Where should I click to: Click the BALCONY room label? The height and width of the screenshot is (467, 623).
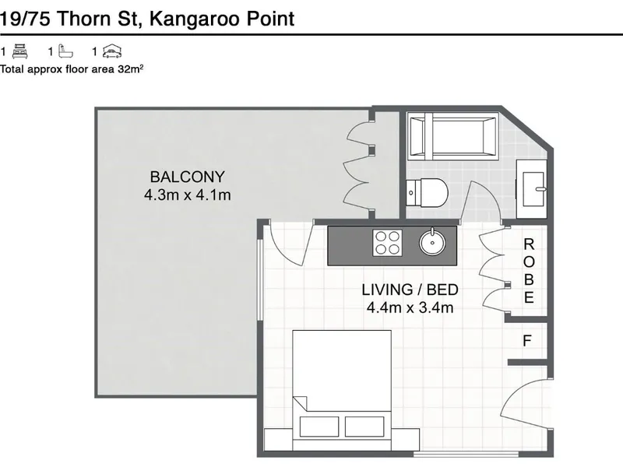click(x=187, y=177)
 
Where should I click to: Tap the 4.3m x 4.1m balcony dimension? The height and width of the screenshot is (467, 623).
click(x=187, y=195)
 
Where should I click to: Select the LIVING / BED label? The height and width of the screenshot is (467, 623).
click(x=410, y=290)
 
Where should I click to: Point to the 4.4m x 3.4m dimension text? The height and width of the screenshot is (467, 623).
click(x=410, y=307)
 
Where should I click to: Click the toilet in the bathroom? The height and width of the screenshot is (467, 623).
click(x=427, y=192)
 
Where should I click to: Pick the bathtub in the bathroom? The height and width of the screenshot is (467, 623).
click(x=453, y=135)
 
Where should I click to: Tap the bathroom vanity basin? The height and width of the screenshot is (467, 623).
click(x=533, y=189)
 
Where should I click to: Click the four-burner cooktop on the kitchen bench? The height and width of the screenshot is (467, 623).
click(x=387, y=243)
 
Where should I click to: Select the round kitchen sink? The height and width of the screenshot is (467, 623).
click(x=432, y=242)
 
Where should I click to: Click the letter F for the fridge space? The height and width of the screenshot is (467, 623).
click(x=527, y=341)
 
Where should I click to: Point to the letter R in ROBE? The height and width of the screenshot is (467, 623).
click(x=529, y=244)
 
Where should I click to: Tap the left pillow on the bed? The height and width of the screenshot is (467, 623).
click(x=319, y=427)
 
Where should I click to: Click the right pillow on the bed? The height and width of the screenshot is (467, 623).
click(x=364, y=427)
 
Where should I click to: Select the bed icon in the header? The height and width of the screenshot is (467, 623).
click(x=20, y=51)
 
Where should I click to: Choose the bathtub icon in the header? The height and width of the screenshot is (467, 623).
click(x=66, y=51)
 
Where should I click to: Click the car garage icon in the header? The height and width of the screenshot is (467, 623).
click(x=112, y=51)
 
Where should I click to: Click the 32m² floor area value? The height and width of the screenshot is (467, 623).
click(x=130, y=68)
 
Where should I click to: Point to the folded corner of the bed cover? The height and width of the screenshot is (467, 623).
click(x=301, y=402)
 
